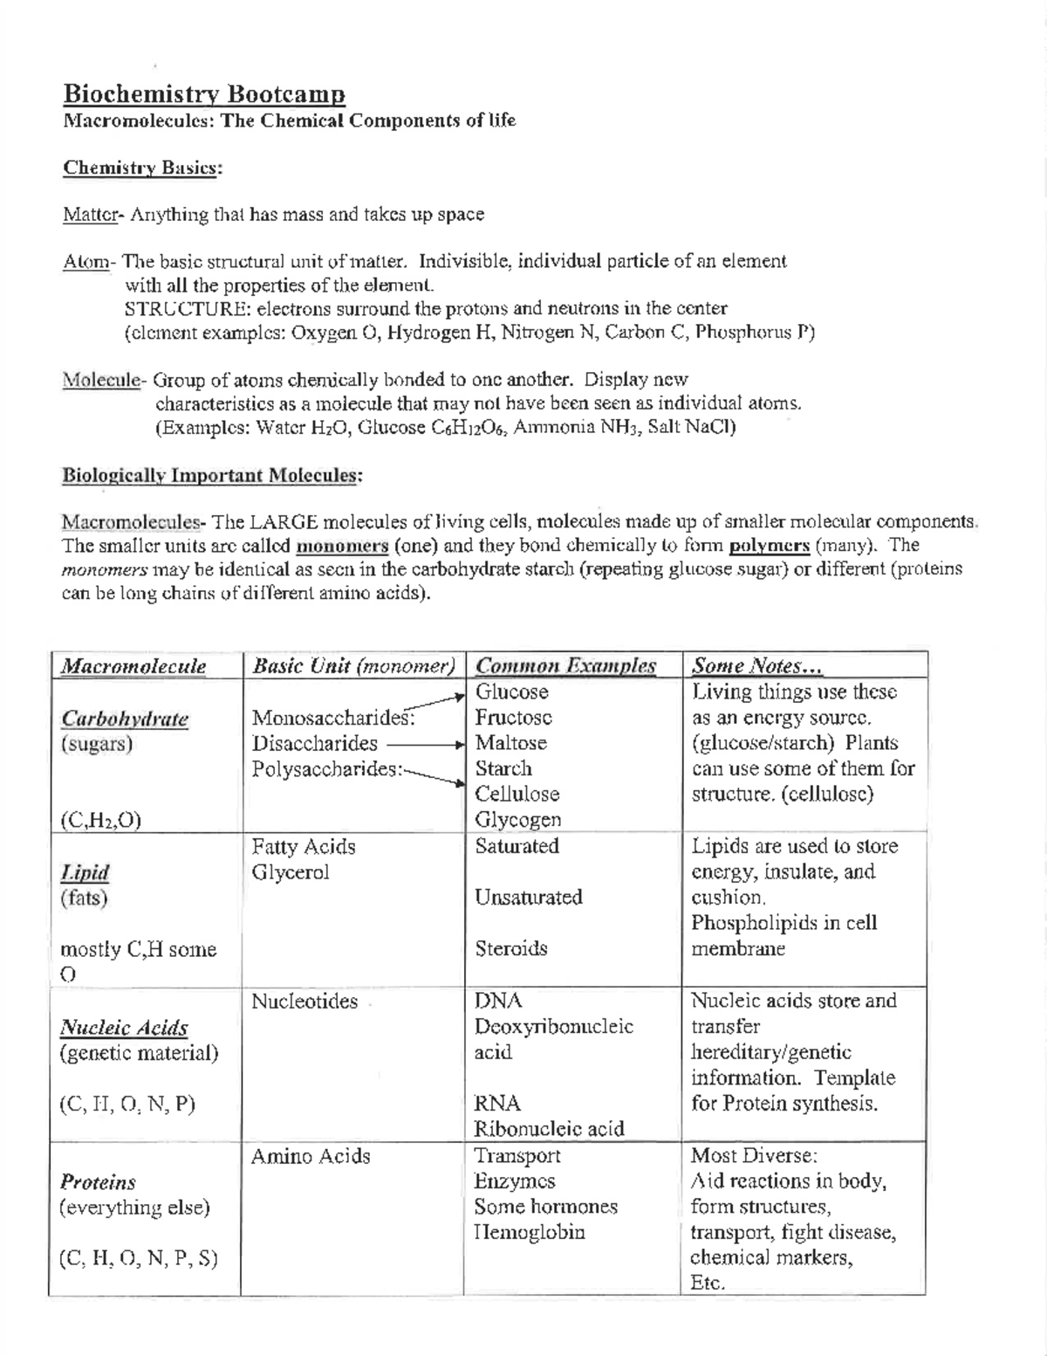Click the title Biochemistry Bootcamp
tap(203, 94)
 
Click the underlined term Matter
tap(89, 215)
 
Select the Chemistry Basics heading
tap(142, 168)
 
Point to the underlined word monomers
tap(342, 547)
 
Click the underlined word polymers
tap(769, 547)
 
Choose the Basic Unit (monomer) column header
tap(353, 666)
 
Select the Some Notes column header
tap(756, 666)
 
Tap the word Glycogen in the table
tap(517, 820)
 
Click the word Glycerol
tap(290, 872)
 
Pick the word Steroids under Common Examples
tap(510, 948)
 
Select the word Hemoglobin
tap(529, 1233)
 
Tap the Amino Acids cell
tap(310, 1157)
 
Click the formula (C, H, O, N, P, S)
tap(138, 1259)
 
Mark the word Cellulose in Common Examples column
tap(517, 795)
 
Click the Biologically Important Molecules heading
tap(211, 476)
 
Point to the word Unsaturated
tap(528, 898)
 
